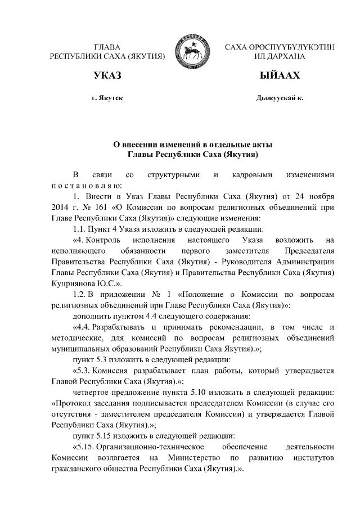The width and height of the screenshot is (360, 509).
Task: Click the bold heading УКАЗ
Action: point(107,75)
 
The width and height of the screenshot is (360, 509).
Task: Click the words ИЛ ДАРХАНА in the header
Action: point(280,57)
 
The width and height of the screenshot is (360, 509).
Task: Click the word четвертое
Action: point(92,391)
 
